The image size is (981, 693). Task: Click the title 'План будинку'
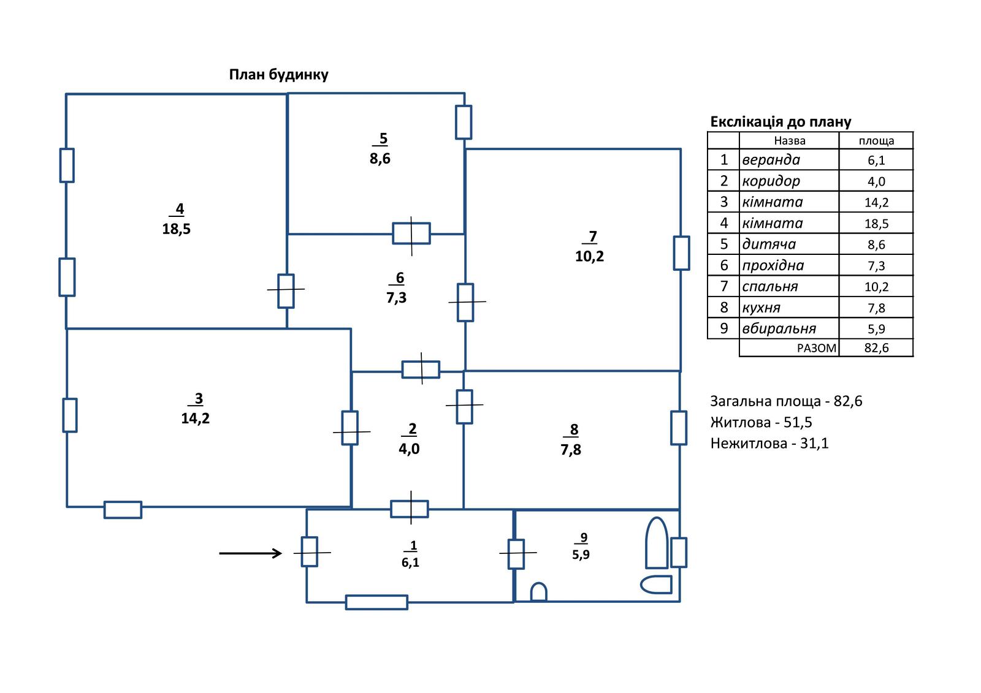pos(278,75)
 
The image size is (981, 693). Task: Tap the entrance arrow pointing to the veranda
pos(250,554)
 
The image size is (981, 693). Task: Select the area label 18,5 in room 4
pos(177,229)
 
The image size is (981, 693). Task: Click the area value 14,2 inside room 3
pos(196,418)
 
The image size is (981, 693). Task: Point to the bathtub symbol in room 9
pos(657,543)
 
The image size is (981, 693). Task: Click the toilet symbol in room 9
pos(657,585)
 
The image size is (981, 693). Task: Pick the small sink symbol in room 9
pos(538,592)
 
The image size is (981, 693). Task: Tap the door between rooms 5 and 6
pos(411,233)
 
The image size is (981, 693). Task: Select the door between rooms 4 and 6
pos(286,290)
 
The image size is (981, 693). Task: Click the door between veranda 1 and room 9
pos(516,553)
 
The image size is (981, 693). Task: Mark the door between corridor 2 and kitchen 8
pos(464,406)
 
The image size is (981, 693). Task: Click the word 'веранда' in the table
pos(771,160)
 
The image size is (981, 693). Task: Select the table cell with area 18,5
pos(876,224)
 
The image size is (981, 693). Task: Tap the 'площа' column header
pos(876,141)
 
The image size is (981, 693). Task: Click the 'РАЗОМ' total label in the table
pos(817,348)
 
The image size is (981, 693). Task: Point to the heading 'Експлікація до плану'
pos(781,122)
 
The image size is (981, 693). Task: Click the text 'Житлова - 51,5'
pos(761,422)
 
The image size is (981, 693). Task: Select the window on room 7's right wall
pos(681,253)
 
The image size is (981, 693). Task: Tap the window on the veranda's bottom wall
pos(376,602)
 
